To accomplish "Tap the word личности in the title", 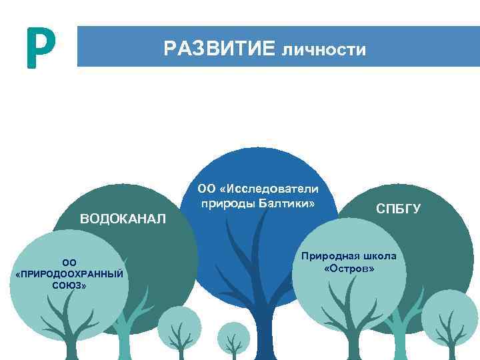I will click(x=324, y=49).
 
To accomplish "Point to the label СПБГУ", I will click(x=399, y=209).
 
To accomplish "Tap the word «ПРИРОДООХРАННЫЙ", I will click(x=69, y=274).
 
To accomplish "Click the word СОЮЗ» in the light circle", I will click(x=69, y=285).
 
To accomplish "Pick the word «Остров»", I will click(x=349, y=268).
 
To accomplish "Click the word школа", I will click(x=381, y=256).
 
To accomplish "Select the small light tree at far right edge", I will click(x=451, y=320).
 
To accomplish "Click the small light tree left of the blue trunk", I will click(x=178, y=327).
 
